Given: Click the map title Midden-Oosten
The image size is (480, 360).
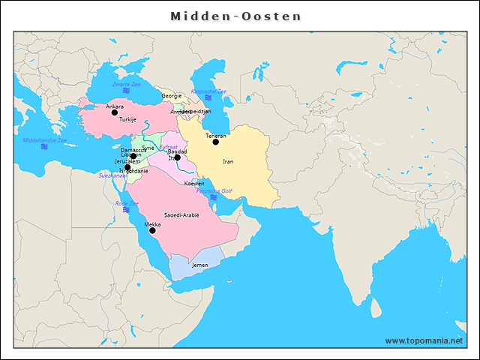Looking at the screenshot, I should pyautogui.click(x=235, y=16).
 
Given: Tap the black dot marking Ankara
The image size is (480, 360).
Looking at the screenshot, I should pyautogui.click(x=114, y=113).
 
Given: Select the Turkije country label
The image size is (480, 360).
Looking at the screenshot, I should pyautogui.click(x=127, y=119).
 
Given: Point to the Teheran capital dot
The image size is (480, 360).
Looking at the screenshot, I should pyautogui.click(x=215, y=142).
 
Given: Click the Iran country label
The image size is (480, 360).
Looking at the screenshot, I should pyautogui.click(x=228, y=161).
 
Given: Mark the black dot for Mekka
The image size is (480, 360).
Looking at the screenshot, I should pyautogui.click(x=152, y=230).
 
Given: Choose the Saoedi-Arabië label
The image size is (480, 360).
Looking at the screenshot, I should pyautogui.click(x=181, y=215).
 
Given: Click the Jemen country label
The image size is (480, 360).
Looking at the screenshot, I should pyautogui.click(x=200, y=265).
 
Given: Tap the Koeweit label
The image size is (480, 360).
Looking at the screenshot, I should pyautogui.click(x=194, y=183).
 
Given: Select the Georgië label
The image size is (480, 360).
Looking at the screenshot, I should pyautogui.click(x=172, y=96).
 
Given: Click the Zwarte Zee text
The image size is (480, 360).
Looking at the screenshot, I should pyautogui.click(x=127, y=85).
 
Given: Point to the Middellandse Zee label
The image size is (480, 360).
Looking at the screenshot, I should pyautogui.click(x=45, y=140).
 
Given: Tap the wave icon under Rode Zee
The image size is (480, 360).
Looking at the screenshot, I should pyautogui.click(x=125, y=211).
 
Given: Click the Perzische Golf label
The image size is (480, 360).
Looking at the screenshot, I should pyautogui.click(x=214, y=190).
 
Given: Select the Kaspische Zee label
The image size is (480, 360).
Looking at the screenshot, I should pyautogui.click(x=208, y=91).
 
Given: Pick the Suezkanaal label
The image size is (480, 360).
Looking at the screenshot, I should pyautogui.click(x=112, y=175).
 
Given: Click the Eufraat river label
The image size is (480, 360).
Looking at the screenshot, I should pyautogui.click(x=169, y=147).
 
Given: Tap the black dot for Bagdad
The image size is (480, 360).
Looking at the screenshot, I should pyautogui.click(x=177, y=157).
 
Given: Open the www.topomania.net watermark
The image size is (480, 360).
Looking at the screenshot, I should pyautogui.click(x=424, y=340).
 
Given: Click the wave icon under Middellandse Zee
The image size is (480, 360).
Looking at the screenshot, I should pyautogui.click(x=45, y=148).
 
